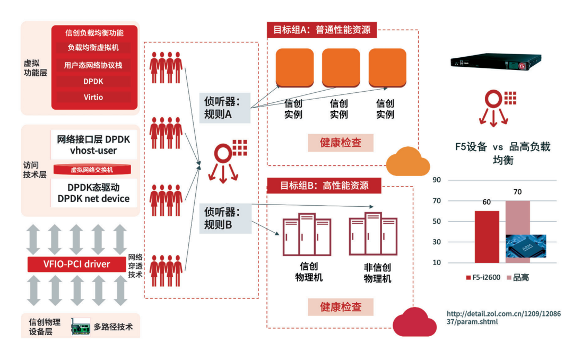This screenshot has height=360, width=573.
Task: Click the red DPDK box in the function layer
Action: click(93, 82)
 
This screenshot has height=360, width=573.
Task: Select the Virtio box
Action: click(93, 98)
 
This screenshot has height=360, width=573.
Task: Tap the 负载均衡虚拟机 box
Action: click(93, 48)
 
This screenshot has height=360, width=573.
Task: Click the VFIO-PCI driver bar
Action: click(76, 264)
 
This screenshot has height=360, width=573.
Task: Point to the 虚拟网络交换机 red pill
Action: click(92, 170)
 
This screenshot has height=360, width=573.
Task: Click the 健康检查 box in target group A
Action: click(341, 143)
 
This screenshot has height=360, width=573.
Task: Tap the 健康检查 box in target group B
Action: click(341, 307)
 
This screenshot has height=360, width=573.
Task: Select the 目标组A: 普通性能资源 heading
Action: click(322, 30)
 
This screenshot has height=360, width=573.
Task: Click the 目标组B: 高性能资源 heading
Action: click(324, 186)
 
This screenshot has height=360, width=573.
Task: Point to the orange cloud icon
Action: click(407, 163)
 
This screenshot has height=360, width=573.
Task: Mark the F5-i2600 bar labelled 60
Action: click(487, 236)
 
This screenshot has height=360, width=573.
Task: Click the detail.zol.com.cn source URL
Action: click(503, 317)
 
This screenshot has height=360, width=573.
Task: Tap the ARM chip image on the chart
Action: click(525, 246)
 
